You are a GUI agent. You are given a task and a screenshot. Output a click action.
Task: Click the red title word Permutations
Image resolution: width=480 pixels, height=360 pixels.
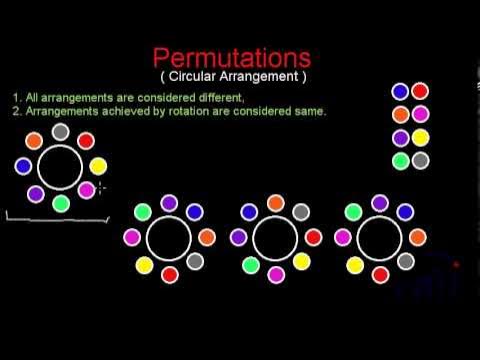[x=231, y=57]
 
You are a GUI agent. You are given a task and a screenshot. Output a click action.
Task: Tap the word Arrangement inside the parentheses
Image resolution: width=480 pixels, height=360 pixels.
[x=263, y=77]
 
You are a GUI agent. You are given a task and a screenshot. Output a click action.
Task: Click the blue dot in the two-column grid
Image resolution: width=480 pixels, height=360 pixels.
[x=400, y=92]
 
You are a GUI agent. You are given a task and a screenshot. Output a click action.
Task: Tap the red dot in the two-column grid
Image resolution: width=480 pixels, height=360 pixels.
[x=420, y=92]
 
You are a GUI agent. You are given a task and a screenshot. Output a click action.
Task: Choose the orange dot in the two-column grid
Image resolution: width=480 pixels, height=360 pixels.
[x=400, y=114]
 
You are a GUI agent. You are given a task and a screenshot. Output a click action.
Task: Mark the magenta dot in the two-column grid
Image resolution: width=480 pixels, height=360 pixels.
[x=420, y=114]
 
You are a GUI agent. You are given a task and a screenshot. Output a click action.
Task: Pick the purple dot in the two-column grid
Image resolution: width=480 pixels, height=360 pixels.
[x=400, y=138]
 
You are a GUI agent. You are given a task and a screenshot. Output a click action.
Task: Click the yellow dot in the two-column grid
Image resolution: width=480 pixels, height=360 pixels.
[x=420, y=138]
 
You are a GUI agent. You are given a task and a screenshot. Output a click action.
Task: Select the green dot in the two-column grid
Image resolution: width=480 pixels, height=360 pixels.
[x=400, y=160]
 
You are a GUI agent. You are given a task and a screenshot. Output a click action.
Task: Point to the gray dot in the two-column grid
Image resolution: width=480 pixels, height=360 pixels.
[x=420, y=160]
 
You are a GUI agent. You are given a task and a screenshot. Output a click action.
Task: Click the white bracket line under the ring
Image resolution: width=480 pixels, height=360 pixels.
[x=56, y=218]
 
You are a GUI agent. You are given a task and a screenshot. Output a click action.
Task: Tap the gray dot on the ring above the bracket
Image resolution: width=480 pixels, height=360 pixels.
[x=61, y=132]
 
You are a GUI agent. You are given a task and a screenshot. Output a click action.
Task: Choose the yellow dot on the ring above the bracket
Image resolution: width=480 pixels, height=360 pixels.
[x=98, y=166]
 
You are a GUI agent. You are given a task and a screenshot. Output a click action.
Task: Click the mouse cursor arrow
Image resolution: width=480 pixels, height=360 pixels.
[x=102, y=187]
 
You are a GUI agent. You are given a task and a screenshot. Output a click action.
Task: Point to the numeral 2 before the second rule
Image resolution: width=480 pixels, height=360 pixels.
[x=16, y=111]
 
